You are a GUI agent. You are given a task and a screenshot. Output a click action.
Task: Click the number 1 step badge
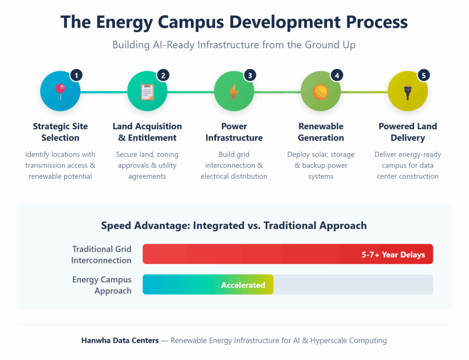click(x=76, y=75)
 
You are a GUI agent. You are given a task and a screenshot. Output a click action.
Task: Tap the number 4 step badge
click(x=337, y=75)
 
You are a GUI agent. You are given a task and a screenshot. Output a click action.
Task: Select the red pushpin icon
click(x=60, y=91)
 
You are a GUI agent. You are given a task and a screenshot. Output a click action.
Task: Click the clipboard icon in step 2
click(x=147, y=92)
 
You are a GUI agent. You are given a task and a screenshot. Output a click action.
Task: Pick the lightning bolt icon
click(x=234, y=92)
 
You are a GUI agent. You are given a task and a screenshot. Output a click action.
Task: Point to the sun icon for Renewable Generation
click(x=321, y=92)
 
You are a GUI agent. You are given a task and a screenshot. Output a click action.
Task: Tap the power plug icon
click(x=407, y=92)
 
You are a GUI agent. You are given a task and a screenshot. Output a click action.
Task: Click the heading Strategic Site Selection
click(x=60, y=132)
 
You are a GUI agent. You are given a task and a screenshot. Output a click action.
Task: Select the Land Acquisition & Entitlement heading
click(x=147, y=132)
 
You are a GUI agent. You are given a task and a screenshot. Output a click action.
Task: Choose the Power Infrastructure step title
click(x=234, y=132)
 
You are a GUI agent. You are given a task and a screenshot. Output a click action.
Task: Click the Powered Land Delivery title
click(x=408, y=132)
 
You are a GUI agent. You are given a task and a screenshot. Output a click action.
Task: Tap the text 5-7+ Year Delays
click(x=393, y=254)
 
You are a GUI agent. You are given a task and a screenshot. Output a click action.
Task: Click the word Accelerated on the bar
click(x=243, y=285)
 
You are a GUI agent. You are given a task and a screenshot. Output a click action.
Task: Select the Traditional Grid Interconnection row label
click(x=102, y=255)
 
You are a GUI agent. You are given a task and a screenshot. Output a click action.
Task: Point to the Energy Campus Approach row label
click(x=102, y=285)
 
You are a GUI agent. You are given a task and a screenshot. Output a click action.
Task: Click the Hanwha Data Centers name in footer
click(x=120, y=340)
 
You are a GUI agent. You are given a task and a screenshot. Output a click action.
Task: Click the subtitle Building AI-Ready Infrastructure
click(x=234, y=45)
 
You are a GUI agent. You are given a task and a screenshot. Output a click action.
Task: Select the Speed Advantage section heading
click(x=234, y=225)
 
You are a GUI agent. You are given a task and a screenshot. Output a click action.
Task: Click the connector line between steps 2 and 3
click(x=190, y=92)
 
